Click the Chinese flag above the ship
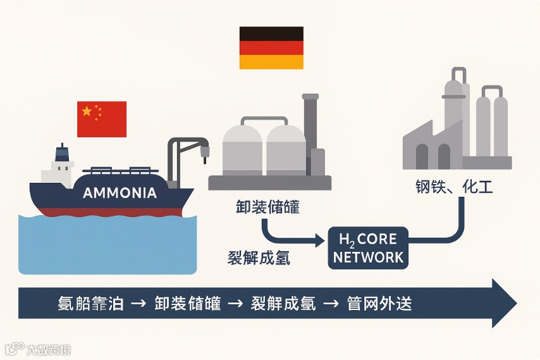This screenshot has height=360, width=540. pyautogui.click(x=102, y=118)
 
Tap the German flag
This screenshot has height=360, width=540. pyautogui.click(x=271, y=47)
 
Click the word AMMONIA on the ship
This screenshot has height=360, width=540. pyautogui.click(x=120, y=193)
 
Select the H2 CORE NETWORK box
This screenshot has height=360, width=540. pyautogui.click(x=368, y=248)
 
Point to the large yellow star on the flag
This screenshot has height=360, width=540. pyautogui.click(x=87, y=111)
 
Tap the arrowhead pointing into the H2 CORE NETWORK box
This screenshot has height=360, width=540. pyautogui.click(x=319, y=241)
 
